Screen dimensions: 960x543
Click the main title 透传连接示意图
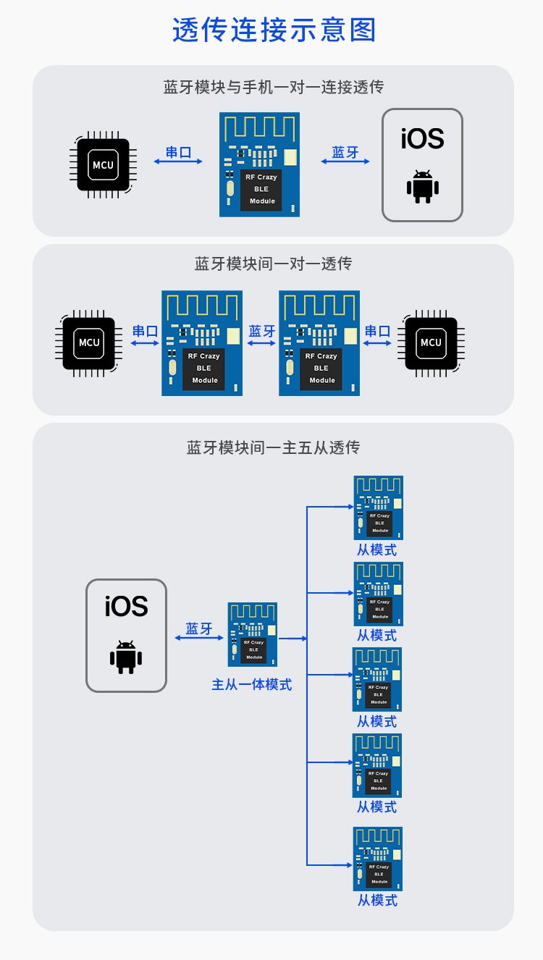click(274, 31)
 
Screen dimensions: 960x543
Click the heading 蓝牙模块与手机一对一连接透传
click(273, 88)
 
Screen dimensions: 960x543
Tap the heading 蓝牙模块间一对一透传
click(273, 264)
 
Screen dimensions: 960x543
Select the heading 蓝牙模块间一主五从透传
click(273, 448)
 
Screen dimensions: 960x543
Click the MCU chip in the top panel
click(103, 165)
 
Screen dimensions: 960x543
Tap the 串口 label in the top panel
click(178, 152)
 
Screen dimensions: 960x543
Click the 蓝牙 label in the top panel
click(345, 152)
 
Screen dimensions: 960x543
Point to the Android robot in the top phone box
click(422, 187)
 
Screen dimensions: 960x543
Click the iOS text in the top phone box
click(422, 138)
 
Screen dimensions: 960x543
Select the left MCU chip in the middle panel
click(90, 342)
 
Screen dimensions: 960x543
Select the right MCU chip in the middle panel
click(431, 342)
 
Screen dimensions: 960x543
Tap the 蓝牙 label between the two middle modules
click(261, 332)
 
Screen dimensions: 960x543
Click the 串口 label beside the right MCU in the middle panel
click(377, 332)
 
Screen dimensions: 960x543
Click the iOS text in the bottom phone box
click(126, 607)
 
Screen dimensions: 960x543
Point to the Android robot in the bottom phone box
click(126, 656)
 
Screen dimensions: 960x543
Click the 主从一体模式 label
click(251, 684)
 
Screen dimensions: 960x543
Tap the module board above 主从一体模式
click(253, 635)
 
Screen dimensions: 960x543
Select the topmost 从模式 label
click(376, 550)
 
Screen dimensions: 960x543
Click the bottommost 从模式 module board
click(377, 859)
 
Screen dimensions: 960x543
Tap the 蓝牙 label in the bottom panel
click(199, 628)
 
